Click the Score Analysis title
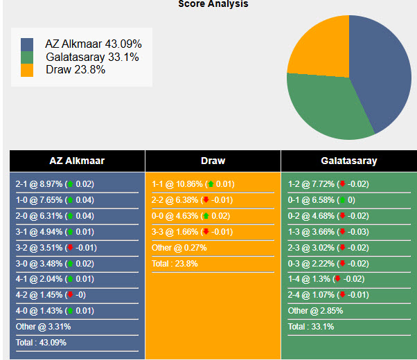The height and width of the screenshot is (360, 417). (x=213, y=4)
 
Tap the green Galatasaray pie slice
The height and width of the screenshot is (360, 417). (x=322, y=104)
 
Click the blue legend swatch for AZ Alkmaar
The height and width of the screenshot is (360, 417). (x=27, y=44)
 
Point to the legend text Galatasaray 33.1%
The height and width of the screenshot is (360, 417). (x=92, y=57)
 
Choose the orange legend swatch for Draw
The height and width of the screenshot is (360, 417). (x=27, y=70)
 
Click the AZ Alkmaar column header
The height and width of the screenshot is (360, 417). (x=77, y=161)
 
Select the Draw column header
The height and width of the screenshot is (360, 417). (x=213, y=161)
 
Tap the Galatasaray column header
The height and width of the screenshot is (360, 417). (x=349, y=161)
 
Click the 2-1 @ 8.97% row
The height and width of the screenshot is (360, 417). (x=55, y=184)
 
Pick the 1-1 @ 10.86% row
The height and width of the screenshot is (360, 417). (x=193, y=184)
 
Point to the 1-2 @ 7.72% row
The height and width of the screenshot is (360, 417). (x=328, y=184)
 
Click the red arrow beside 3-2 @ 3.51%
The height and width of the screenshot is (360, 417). (x=70, y=248)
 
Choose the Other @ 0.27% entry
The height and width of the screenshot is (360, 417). (x=179, y=248)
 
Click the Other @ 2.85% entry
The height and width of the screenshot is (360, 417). (x=315, y=311)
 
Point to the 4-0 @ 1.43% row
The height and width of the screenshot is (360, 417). (x=55, y=311)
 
